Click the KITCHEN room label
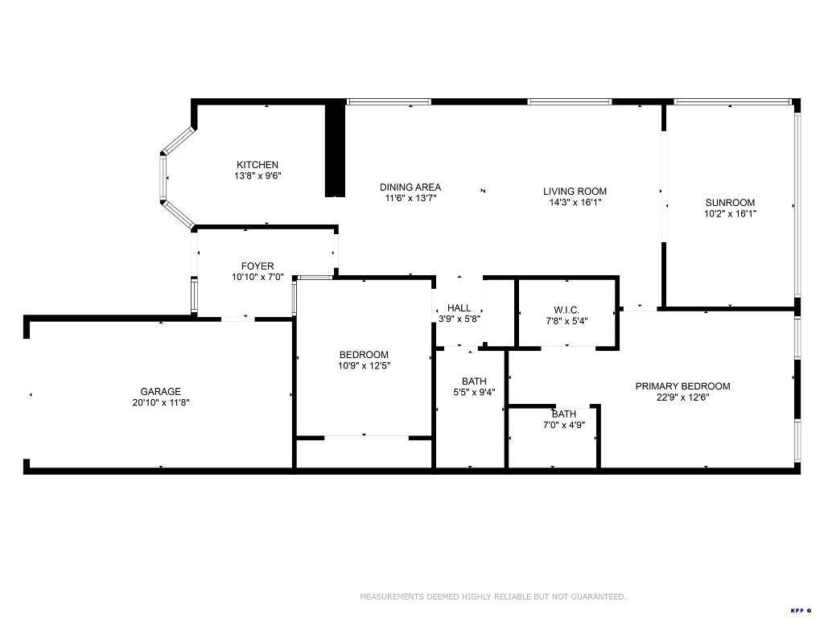(257, 165)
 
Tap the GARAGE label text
(161, 392)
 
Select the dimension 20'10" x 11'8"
(161, 402)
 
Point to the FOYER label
(257, 266)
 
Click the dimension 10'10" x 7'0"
(257, 277)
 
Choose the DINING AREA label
(410, 187)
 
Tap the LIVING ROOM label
(575, 192)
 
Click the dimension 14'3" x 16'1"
(575, 203)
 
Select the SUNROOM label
(730, 203)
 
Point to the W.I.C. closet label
(566, 311)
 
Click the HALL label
(459, 307)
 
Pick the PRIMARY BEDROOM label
(682, 386)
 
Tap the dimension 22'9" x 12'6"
(682, 397)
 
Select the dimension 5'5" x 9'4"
(474, 393)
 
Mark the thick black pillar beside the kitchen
(335, 150)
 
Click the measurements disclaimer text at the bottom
(492, 597)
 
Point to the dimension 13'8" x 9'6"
(257, 175)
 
